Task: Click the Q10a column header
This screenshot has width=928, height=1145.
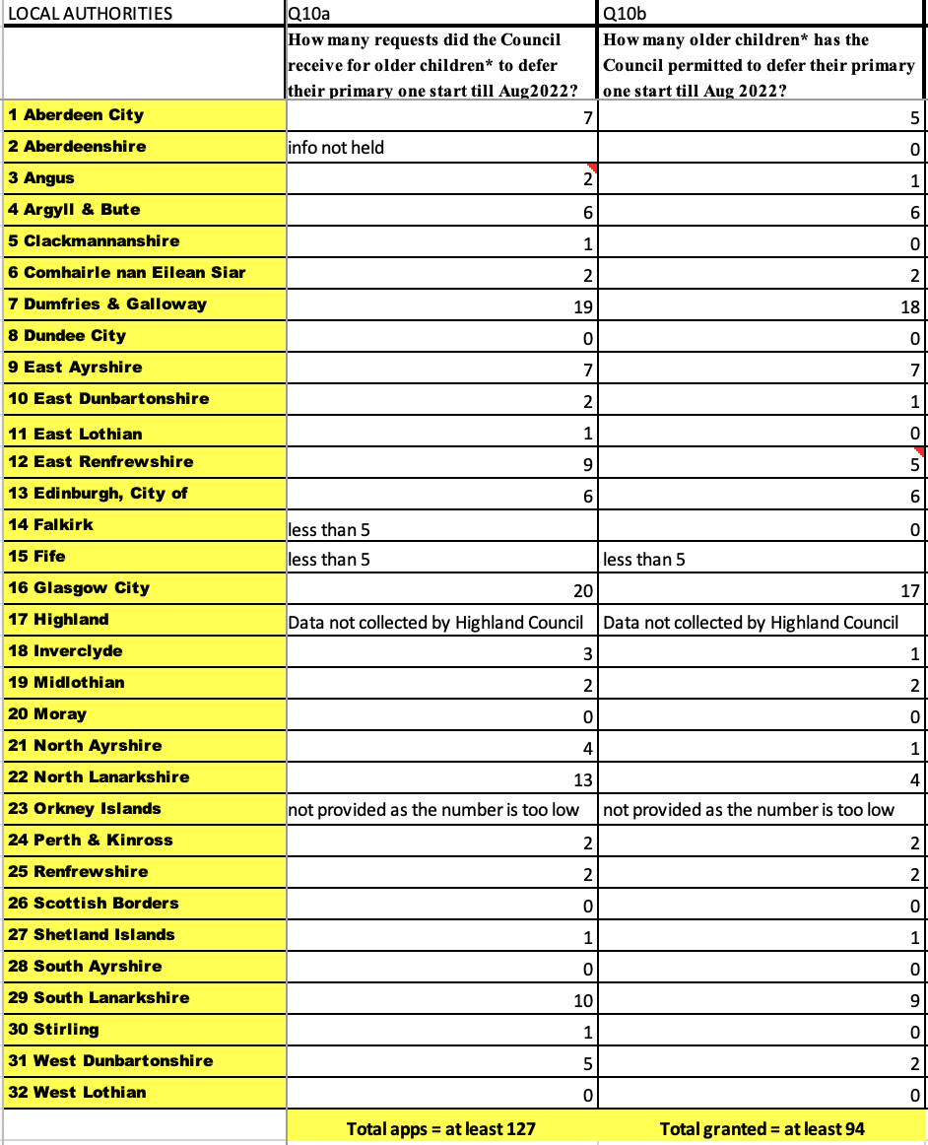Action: pyautogui.click(x=301, y=14)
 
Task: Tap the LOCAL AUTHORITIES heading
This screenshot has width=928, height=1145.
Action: pyautogui.click(x=90, y=14)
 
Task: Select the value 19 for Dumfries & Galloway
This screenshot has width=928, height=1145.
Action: pyautogui.click(x=582, y=307)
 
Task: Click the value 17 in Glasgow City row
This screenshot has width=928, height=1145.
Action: pyautogui.click(x=909, y=591)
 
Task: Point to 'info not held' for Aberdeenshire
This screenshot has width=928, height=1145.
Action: pyautogui.click(x=336, y=149)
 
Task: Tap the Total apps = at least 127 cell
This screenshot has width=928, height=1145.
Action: pyautogui.click(x=441, y=1128)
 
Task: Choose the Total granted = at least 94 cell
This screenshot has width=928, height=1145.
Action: pyautogui.click(x=762, y=1128)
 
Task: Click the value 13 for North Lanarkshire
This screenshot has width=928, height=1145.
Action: pyautogui.click(x=582, y=780)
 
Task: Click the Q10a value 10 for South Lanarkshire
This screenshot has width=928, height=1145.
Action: pyautogui.click(x=582, y=1001)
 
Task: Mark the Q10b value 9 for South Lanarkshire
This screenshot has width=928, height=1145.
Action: pyautogui.click(x=914, y=1001)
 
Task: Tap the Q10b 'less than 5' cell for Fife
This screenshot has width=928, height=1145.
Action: pyautogui.click(x=644, y=560)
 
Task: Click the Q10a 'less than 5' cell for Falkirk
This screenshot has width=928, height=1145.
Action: pyautogui.click(x=329, y=530)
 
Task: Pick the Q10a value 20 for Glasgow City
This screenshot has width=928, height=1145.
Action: pyautogui.click(x=582, y=591)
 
